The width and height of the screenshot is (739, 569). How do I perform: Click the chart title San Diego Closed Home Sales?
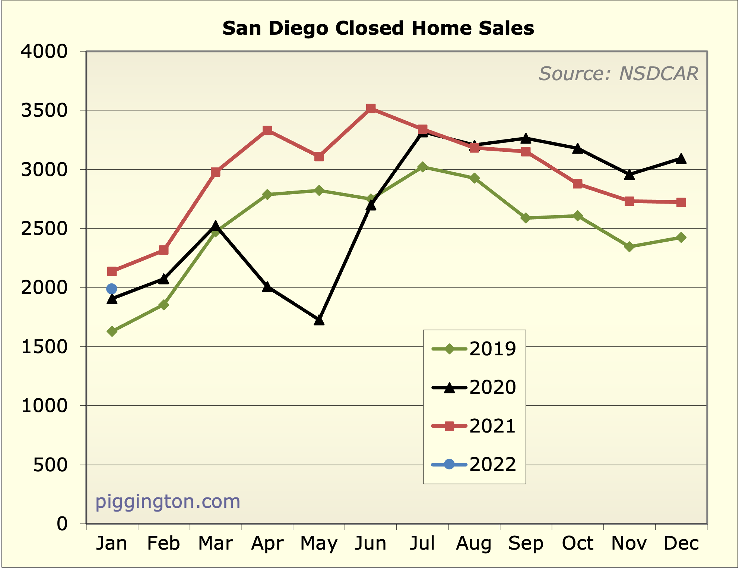point(378,28)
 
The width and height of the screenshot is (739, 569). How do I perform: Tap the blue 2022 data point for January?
point(112,289)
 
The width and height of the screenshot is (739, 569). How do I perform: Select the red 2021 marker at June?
point(371,109)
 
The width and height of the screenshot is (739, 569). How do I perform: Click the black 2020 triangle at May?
point(319,320)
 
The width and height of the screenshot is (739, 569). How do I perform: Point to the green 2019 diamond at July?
point(422,167)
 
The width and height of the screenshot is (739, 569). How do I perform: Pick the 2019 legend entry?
point(474,349)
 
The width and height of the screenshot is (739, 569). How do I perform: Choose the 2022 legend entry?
point(474,464)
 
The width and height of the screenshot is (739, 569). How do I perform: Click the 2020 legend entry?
point(474,388)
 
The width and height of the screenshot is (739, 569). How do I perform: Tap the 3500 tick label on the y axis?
point(44,110)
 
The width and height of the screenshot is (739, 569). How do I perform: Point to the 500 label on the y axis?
point(50,465)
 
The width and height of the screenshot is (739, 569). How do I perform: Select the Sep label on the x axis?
point(526,543)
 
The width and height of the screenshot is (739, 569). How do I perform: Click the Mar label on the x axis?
point(215,543)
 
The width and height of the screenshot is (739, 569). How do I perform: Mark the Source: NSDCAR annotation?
point(618,73)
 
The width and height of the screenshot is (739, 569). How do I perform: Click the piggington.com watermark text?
point(168,502)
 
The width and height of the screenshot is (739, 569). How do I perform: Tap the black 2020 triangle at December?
point(681,159)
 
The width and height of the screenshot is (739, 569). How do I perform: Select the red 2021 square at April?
point(267,130)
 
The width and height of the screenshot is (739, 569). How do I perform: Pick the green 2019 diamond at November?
point(629,246)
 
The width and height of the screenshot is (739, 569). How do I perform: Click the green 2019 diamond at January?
point(112,331)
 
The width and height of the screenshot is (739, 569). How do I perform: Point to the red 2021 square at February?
point(164,250)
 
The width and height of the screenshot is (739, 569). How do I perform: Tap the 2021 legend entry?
point(474,426)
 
